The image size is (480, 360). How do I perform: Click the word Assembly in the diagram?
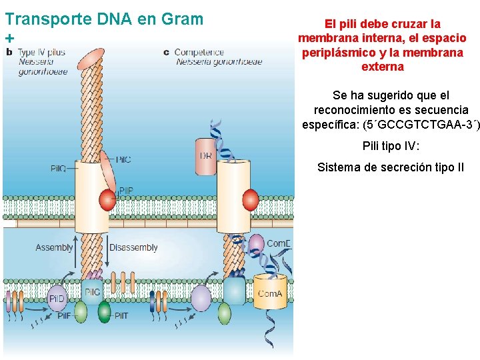pyautogui.click(x=54, y=247)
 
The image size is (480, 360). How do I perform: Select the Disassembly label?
pyautogui.click(x=133, y=247)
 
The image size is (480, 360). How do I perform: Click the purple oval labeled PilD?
pyautogui.click(x=57, y=299)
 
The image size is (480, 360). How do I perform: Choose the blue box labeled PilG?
pyautogui.click(x=92, y=292)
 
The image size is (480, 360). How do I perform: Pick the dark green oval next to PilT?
pyautogui.click(x=104, y=312)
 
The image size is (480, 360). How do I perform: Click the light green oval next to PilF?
pyautogui.click(x=81, y=312)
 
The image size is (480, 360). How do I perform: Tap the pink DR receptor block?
pyautogui.click(x=206, y=156)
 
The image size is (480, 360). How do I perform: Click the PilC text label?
pyautogui.click(x=123, y=159)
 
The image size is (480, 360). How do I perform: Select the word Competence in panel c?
pyautogui.click(x=199, y=52)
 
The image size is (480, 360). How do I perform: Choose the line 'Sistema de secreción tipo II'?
pyautogui.click(x=390, y=167)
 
